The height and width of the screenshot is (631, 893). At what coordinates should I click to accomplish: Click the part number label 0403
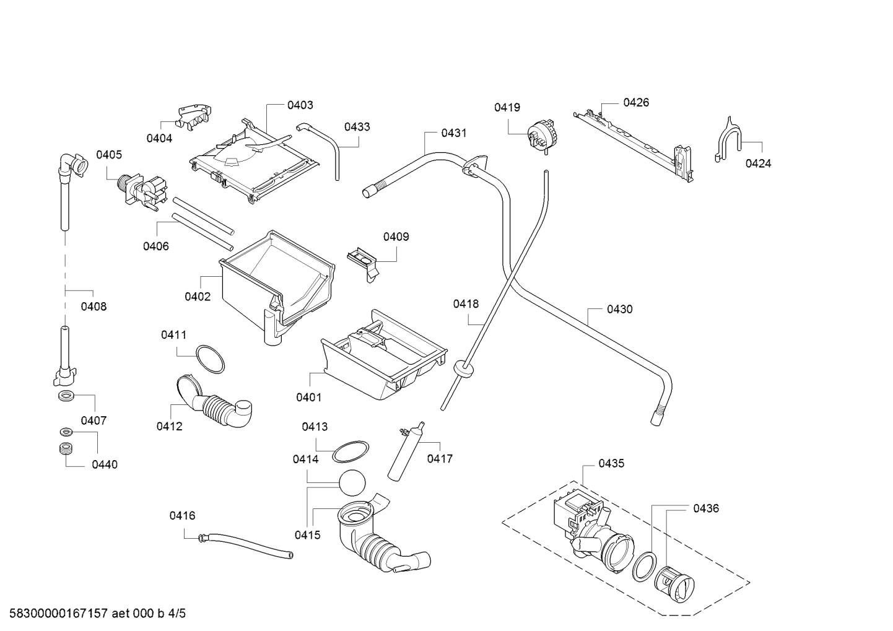click(x=300, y=105)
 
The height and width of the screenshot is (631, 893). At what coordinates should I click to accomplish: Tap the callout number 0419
click(x=507, y=108)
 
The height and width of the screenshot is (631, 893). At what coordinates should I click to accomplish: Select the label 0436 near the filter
click(x=706, y=508)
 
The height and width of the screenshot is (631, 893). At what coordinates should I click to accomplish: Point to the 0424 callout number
click(x=758, y=163)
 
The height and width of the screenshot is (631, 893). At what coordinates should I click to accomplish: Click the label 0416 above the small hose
click(x=182, y=516)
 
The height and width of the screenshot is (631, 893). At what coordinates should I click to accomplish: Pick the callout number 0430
click(x=619, y=310)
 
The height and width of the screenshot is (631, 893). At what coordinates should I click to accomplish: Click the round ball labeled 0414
click(x=352, y=483)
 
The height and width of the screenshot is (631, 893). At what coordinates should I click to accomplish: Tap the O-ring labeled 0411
click(x=210, y=359)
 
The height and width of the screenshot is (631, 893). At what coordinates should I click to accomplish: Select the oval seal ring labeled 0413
click(x=351, y=451)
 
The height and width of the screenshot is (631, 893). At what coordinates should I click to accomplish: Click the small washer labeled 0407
click(x=66, y=396)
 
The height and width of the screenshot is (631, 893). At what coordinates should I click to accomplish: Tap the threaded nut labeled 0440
click(x=66, y=448)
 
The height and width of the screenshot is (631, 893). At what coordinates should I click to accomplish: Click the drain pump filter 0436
click(x=674, y=583)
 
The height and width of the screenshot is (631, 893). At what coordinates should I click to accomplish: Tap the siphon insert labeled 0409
click(x=363, y=264)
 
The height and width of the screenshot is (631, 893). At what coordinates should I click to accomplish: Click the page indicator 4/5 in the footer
click(x=176, y=614)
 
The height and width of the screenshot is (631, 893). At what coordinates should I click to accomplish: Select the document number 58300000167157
click(x=59, y=614)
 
